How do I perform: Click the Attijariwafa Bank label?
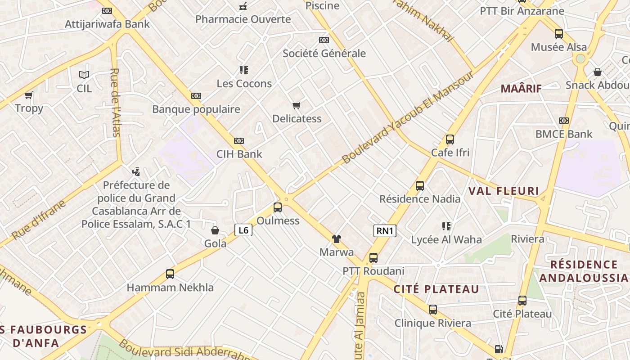click(x=107, y=24)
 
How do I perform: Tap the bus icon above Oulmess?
click(x=278, y=207)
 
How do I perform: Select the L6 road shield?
click(x=243, y=230)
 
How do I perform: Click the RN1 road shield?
click(x=385, y=231)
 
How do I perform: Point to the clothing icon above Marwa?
click(x=336, y=239)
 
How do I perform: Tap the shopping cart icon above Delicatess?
click(x=296, y=106)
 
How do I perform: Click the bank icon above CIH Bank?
click(x=239, y=141)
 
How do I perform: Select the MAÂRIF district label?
click(x=521, y=89)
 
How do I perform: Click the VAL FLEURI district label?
click(x=504, y=191)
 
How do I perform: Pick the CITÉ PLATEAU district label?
click(x=436, y=289)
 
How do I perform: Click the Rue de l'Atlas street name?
click(x=115, y=102)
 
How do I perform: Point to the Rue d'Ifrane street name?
click(x=38, y=220)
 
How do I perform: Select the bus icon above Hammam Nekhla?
click(x=170, y=274)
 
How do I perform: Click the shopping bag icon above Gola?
click(x=215, y=230)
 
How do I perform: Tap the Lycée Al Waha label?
click(x=446, y=239)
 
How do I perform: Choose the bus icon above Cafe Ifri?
click(x=450, y=139)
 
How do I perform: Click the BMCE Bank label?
click(x=564, y=134)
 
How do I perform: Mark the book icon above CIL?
click(x=84, y=75)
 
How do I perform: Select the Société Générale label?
click(x=324, y=54)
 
